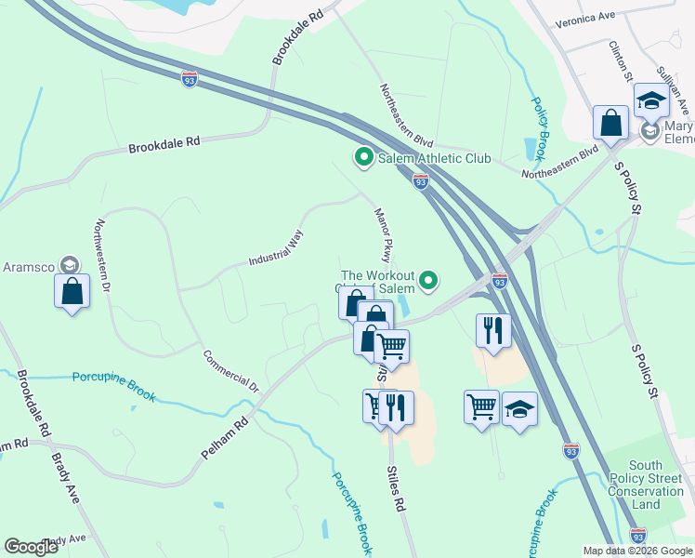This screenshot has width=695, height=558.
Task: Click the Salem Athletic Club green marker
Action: tap(363, 158)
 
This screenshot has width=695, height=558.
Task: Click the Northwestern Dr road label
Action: tap(103, 257)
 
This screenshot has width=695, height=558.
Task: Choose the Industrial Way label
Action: tap(276, 248)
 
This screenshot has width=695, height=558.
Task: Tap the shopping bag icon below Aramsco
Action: tap(72, 291)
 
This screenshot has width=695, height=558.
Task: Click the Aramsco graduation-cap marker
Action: tap(69, 266)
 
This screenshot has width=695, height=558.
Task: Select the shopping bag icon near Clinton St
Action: tap(611, 123)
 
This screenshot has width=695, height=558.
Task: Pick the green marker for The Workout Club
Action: tap(428, 279)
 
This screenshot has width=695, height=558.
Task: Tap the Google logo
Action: tap(31, 547)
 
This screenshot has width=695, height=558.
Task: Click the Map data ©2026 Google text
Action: tap(636, 551)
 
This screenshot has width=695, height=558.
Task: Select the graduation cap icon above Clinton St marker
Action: tap(651, 100)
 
